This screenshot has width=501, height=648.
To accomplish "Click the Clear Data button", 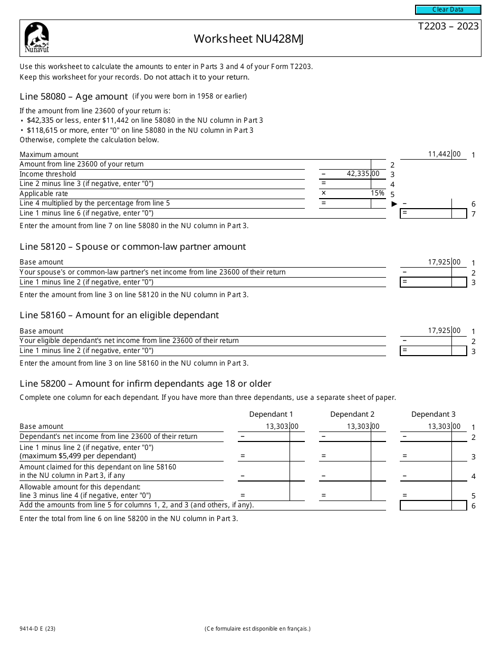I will tap(448, 9).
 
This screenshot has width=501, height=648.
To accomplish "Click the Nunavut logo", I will tap(36, 38).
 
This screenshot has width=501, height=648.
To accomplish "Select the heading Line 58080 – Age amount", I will tap(74, 96).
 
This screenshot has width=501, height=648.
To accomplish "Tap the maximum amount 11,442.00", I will tap(444, 154).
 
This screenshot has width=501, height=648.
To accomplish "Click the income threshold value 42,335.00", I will tap(362, 174).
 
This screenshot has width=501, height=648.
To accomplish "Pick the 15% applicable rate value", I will tap(377, 193).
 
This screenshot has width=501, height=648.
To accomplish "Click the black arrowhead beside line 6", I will tap(394, 204).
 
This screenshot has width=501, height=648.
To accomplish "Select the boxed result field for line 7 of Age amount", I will tap(433, 213).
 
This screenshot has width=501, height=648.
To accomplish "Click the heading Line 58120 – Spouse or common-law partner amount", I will tap(132, 247).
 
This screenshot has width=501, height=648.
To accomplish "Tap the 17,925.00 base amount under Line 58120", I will tap(444, 262).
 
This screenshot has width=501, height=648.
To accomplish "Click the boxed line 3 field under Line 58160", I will tap(433, 350).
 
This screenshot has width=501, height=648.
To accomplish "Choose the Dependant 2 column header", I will tap(352, 414).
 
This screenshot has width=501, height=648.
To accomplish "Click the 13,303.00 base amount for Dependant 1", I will tap(282, 427).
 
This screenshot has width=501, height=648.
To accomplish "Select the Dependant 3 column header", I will tap(433, 414).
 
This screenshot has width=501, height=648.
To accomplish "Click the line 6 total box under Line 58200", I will tap(433, 506).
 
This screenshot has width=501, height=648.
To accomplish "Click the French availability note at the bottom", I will tap(257, 629).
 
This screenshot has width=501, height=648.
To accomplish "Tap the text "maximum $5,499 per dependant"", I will tap(78, 456).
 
